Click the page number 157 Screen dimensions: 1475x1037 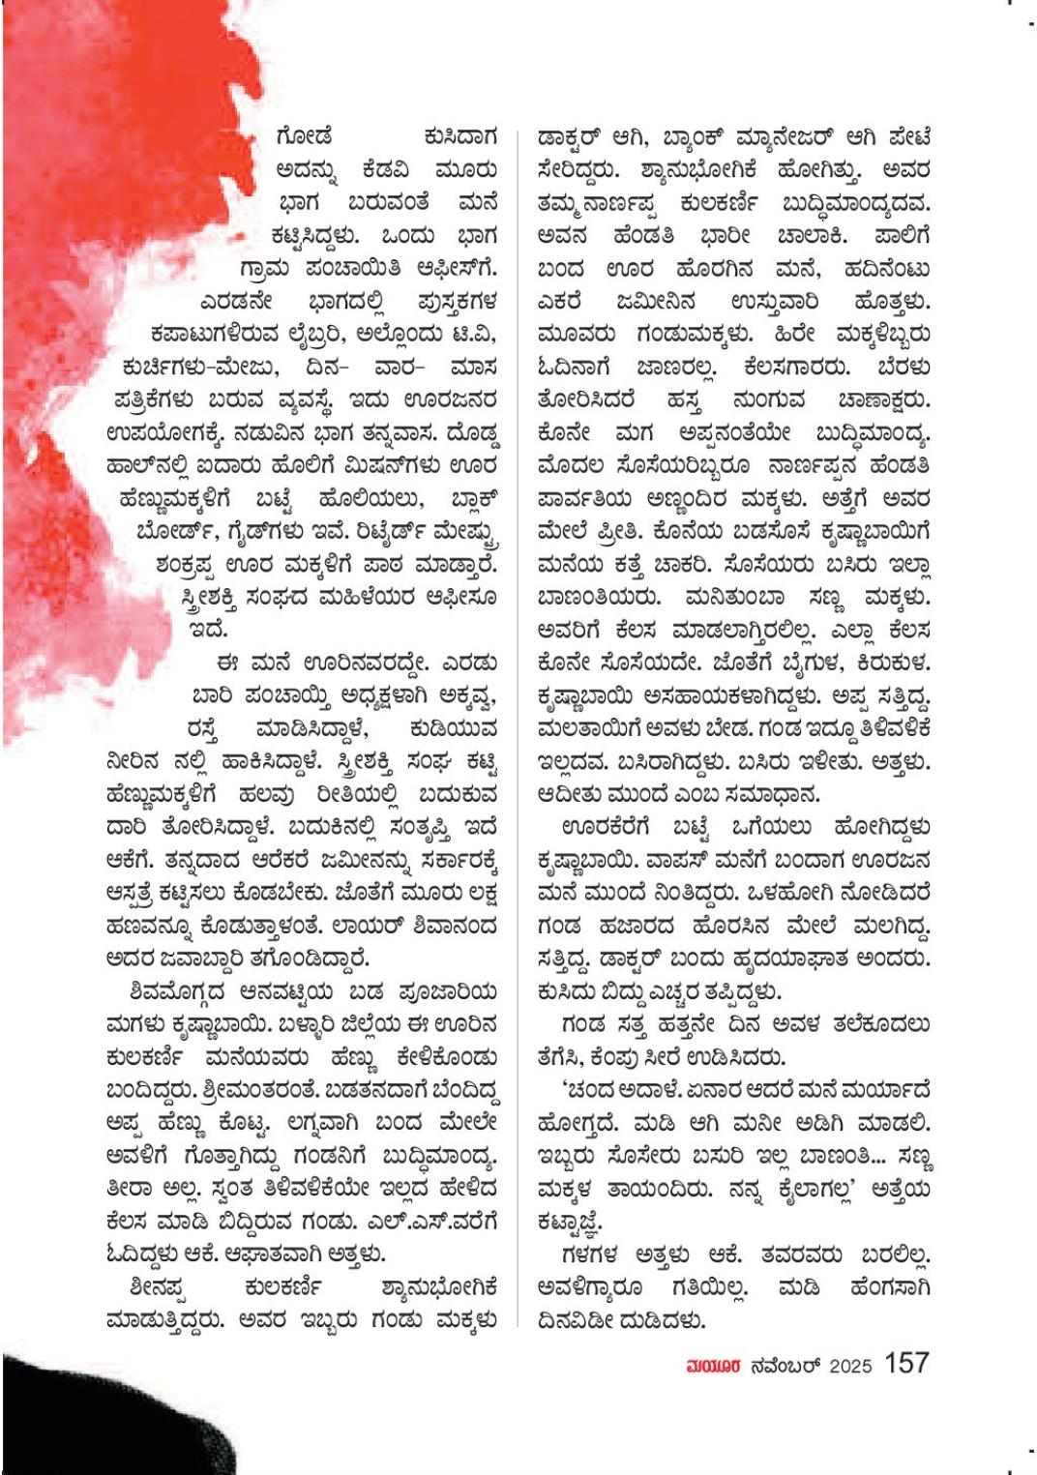click(x=905, y=1364)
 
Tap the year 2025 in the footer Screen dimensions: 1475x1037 click(x=850, y=1366)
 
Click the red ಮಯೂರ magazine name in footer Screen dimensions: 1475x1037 click(x=713, y=1366)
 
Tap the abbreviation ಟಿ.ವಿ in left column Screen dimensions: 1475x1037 click(x=473, y=334)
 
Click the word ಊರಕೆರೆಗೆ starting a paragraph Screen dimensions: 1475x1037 click(x=606, y=828)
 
